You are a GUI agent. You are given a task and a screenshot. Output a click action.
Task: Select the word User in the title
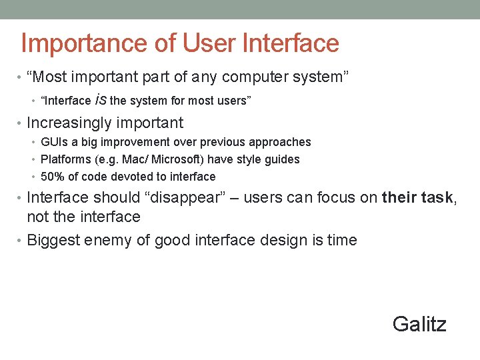point(198,44)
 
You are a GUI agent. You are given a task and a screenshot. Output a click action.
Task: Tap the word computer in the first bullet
point(253,77)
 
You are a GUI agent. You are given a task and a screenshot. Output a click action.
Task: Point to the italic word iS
point(100,101)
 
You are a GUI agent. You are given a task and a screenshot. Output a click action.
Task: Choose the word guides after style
point(283,159)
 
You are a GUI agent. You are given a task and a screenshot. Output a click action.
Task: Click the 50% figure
point(51,177)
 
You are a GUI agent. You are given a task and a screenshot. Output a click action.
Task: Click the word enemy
point(108,241)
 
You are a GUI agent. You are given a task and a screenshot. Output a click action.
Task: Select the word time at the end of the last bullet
point(343,240)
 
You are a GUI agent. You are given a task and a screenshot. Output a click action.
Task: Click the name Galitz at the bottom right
point(419,324)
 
